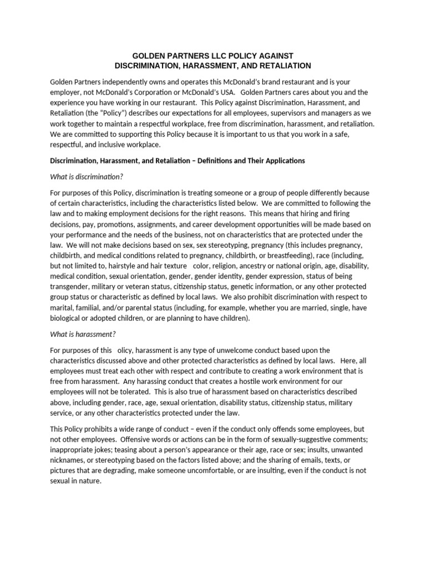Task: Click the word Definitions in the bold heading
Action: [224, 161]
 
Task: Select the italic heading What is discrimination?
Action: [86, 176]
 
